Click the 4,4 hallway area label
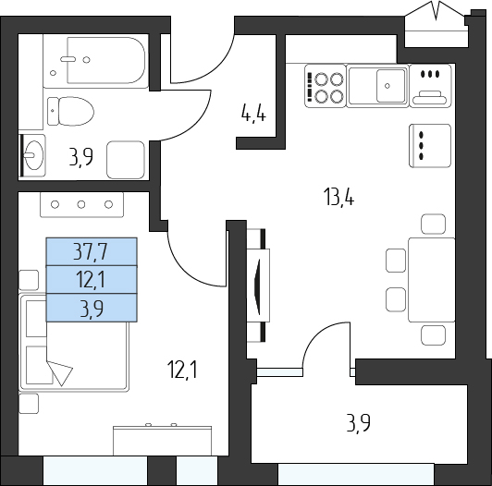[253, 114]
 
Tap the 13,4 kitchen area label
[338, 198]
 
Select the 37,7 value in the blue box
[91, 251]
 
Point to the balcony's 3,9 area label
[358, 423]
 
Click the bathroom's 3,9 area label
[81, 157]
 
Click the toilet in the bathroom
[70, 111]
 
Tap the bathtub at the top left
[95, 61]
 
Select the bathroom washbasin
[33, 155]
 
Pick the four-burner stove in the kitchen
[326, 86]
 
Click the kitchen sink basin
[390, 86]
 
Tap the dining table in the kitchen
[432, 280]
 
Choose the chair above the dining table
[433, 224]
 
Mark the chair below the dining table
[433, 335]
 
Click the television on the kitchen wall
[259, 285]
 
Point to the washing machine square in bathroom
[126, 160]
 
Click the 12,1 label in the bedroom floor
[182, 370]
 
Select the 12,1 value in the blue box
[91, 280]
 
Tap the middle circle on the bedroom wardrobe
[81, 205]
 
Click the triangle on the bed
[60, 372]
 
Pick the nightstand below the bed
[29, 404]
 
